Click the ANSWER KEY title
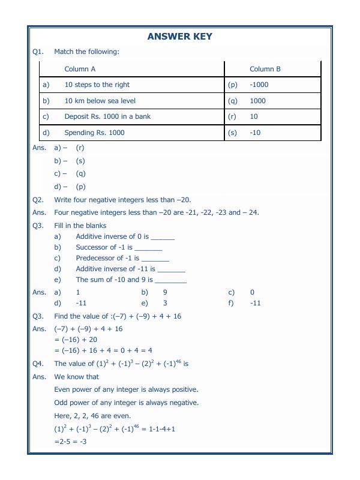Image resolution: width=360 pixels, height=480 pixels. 179,37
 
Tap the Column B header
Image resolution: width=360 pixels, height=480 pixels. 265,69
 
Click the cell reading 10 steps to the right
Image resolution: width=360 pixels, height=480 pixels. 97,85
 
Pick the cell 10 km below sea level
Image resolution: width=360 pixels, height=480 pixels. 100,101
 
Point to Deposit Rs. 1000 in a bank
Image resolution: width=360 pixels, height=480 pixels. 107,116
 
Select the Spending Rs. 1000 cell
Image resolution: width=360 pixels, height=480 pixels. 94,133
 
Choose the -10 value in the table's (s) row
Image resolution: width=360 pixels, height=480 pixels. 255,133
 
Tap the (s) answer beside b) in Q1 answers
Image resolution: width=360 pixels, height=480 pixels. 80,161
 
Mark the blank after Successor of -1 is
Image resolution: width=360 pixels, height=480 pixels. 148,248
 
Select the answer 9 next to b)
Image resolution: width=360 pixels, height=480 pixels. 165,292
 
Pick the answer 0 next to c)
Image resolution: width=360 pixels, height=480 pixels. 252,292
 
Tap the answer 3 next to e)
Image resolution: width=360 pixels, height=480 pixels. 165,303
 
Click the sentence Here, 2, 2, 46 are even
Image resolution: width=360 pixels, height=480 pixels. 92,416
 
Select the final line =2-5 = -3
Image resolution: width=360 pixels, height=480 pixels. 70,442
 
